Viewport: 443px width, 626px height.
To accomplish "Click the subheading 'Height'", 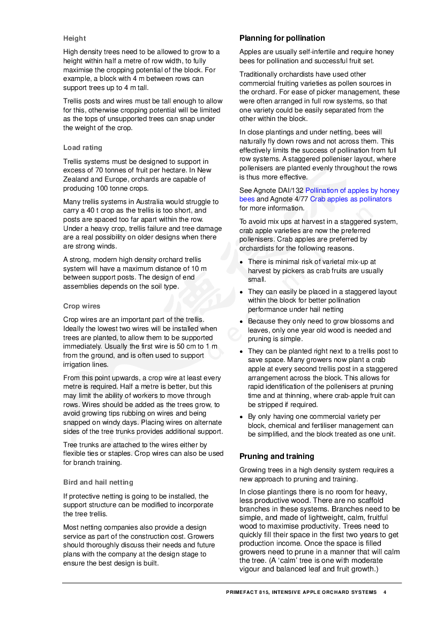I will (x=74, y=39).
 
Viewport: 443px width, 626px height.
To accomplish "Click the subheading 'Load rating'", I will (x=82, y=148).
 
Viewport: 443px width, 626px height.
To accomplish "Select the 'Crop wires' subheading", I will (x=81, y=306).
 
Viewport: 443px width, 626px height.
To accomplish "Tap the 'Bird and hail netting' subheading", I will (x=98, y=482).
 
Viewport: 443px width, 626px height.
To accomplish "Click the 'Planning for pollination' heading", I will (x=282, y=38).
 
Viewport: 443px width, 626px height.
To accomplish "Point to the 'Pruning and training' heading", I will (x=276, y=457).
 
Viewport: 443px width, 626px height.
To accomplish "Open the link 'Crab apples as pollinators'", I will (x=350, y=199).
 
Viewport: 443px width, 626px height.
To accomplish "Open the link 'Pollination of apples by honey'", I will (x=352, y=191).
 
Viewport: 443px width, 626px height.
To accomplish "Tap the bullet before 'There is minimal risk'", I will (x=242, y=262).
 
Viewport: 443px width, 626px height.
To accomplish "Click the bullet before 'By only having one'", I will (x=242, y=417).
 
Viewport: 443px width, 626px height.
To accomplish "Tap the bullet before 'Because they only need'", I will (x=242, y=322).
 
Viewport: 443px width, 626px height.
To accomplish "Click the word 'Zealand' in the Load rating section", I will (x=76, y=179).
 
